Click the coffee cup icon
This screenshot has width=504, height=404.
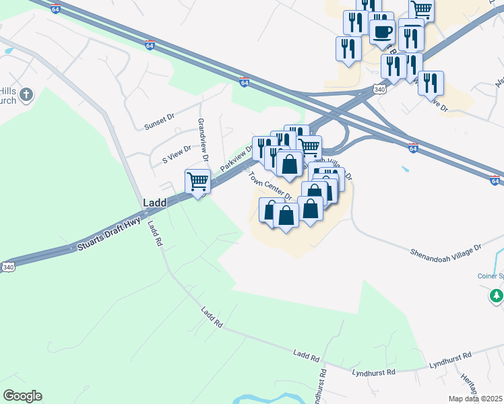point(382,31)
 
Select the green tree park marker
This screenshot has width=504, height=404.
point(497,295)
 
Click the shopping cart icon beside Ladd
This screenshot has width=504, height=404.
point(198,181)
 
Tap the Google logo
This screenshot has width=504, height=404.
point(22,396)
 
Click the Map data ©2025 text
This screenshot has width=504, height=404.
point(475,399)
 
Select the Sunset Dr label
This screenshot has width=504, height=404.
point(159,121)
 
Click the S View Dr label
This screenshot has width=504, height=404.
point(177,155)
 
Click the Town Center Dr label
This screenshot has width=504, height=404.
point(269,185)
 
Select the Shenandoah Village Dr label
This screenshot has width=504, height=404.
point(446,250)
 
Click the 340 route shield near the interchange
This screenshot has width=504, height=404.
point(379,88)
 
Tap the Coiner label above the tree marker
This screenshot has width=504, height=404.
point(491,276)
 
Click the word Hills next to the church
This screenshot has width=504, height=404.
point(9,94)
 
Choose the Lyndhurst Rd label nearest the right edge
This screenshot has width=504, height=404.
point(452,359)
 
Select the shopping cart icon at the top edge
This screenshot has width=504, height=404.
point(421,9)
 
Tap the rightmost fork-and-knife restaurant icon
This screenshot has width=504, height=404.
point(431,83)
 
